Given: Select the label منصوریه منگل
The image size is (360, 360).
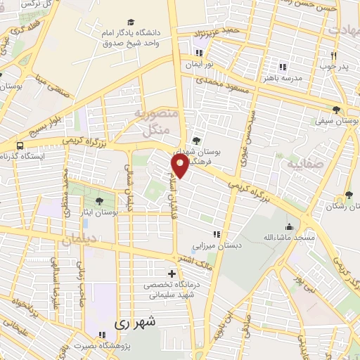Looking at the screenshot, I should (153, 122).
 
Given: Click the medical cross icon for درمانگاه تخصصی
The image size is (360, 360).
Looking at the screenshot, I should (172, 273).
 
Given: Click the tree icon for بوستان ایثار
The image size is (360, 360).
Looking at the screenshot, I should (108, 200).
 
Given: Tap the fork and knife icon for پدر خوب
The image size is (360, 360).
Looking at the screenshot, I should (334, 56).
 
